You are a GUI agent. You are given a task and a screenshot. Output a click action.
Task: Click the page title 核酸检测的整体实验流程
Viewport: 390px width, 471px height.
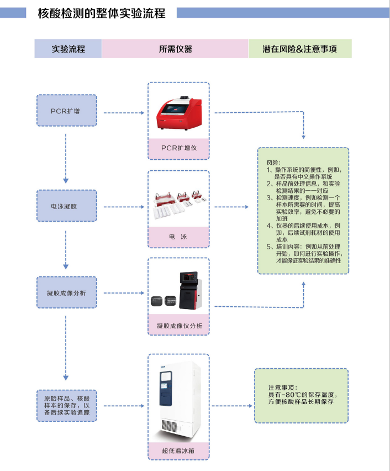[101, 13]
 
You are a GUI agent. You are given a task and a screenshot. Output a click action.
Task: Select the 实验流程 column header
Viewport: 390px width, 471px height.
[68, 49]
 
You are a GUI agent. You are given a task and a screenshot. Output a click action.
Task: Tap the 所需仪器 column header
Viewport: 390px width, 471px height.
[175, 49]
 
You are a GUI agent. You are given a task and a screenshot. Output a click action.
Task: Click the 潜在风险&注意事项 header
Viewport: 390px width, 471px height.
[300, 49]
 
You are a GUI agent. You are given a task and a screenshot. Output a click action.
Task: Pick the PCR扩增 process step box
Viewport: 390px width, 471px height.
[66, 110]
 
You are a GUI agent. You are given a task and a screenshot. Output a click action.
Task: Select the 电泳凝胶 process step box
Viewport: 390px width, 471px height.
[66, 206]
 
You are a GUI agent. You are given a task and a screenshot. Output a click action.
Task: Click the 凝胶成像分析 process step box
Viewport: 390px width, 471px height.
[66, 292]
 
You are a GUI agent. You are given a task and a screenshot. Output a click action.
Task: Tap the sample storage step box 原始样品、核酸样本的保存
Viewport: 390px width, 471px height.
[66, 405]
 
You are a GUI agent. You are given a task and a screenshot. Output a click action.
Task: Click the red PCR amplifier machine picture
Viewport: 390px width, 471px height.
[178, 113]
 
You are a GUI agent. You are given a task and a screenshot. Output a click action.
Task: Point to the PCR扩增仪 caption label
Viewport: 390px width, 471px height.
[178, 148]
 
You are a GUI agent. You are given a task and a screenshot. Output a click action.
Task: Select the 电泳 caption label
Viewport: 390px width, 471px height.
[178, 237]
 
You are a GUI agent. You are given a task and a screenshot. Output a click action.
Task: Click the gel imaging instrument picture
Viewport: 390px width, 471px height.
[178, 291]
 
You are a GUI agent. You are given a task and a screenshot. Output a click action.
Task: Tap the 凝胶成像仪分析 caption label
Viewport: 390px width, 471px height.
[178, 326]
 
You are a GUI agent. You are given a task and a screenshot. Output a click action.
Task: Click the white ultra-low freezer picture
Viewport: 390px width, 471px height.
[178, 396]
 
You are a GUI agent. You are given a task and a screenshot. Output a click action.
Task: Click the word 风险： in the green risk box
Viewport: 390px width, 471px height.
[274, 163]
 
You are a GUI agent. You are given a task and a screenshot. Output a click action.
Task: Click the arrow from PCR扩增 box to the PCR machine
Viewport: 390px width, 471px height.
[124, 113]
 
